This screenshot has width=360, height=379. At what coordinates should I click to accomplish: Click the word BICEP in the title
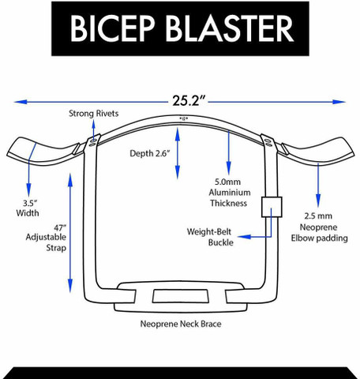point(112,28)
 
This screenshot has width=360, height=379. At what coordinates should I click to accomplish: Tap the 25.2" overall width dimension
point(189,100)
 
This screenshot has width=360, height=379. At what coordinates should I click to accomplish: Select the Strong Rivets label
point(94,114)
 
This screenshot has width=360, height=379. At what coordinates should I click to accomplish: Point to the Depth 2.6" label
point(150,153)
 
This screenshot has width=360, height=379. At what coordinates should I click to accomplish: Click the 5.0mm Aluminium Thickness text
point(229,193)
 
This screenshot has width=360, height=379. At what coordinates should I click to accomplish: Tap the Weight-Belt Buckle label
point(209,237)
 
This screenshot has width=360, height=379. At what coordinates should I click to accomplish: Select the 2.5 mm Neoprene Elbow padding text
point(319,227)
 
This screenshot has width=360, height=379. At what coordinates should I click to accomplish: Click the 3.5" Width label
point(28,208)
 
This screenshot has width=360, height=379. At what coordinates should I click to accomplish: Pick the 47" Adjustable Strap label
point(46,237)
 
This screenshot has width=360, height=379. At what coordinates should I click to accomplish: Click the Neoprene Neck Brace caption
point(181,324)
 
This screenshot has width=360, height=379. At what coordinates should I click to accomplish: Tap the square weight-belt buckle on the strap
point(272,207)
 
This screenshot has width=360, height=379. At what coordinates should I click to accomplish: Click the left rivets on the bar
point(92,142)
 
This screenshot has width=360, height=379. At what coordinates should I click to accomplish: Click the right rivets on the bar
point(268,143)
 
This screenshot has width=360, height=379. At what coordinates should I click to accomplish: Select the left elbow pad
point(42,152)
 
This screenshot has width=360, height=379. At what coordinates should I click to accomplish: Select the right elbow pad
point(317,152)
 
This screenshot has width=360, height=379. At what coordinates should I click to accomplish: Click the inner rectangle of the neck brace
point(181,296)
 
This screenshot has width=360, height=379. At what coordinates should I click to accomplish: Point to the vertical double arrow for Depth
point(178,153)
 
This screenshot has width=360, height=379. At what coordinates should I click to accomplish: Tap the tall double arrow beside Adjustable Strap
point(70,233)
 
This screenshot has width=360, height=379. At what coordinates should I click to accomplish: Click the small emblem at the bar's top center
point(184,118)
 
